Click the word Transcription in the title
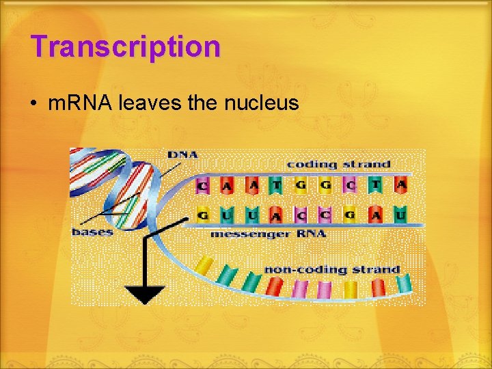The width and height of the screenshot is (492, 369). pyautogui.click(x=126, y=47)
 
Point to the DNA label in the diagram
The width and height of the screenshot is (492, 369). pyautogui.click(x=182, y=154)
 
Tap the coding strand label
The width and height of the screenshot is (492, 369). pyautogui.click(x=338, y=164)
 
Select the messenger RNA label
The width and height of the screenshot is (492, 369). pyautogui.click(x=268, y=234)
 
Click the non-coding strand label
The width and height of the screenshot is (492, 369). pyautogui.click(x=332, y=269)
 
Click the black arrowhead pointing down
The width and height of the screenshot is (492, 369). pyautogui.click(x=144, y=295)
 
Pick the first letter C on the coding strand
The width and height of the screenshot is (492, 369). pyautogui.click(x=203, y=185)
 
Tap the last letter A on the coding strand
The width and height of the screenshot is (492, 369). pyautogui.click(x=401, y=184)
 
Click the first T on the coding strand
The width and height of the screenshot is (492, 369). pyautogui.click(x=277, y=184)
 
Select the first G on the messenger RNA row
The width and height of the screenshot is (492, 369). pyautogui.click(x=203, y=215)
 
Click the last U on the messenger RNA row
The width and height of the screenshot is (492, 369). pyautogui.click(x=400, y=215)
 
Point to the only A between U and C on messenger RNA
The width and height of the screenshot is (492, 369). pyautogui.click(x=277, y=216)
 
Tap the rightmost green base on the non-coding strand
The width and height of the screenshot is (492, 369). pyautogui.click(x=404, y=282)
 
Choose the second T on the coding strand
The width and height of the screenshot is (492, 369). pyautogui.click(x=376, y=184)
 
